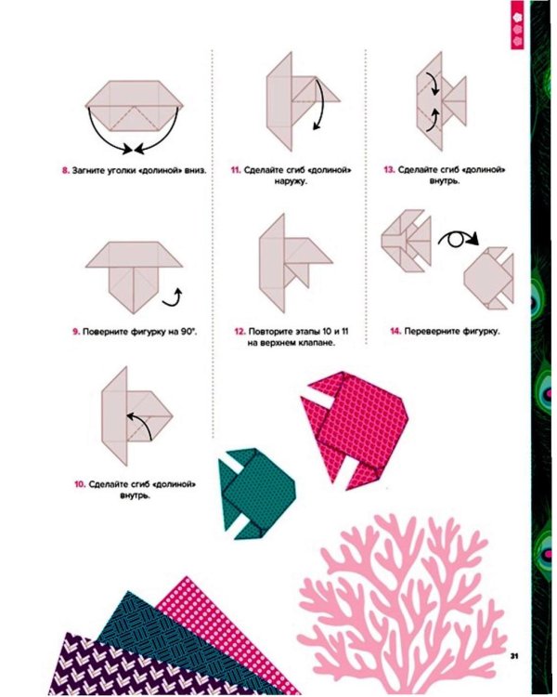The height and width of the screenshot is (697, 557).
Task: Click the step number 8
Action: (x=66, y=170)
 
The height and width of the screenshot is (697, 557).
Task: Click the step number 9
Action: (x=76, y=332)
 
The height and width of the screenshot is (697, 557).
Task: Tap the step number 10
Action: (x=80, y=484)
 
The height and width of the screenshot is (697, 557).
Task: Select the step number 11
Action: (x=236, y=170)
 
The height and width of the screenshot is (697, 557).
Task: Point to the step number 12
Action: (x=240, y=332)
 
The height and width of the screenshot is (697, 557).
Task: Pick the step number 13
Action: (x=389, y=170)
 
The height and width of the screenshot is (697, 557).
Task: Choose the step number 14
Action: (x=395, y=331)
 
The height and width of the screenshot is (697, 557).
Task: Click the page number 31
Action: (x=514, y=656)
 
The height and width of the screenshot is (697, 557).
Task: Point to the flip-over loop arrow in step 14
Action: (x=459, y=240)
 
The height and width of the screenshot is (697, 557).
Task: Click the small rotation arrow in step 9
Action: (x=173, y=298)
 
